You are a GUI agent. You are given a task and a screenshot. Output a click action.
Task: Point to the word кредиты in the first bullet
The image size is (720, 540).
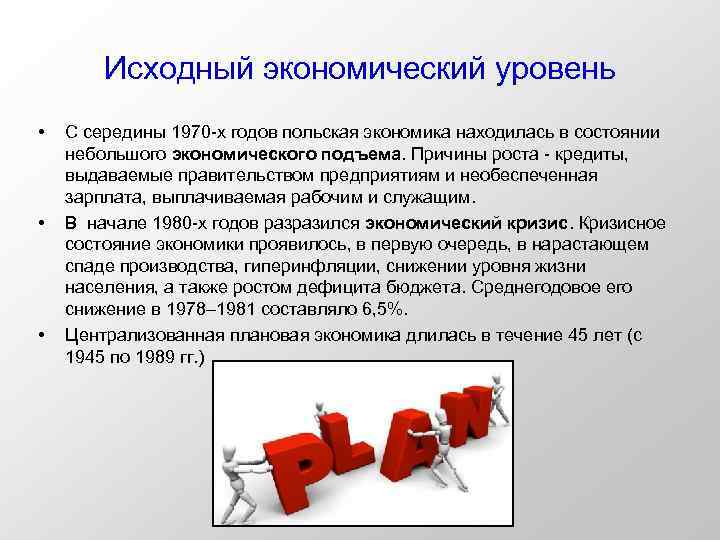point(599,155)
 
